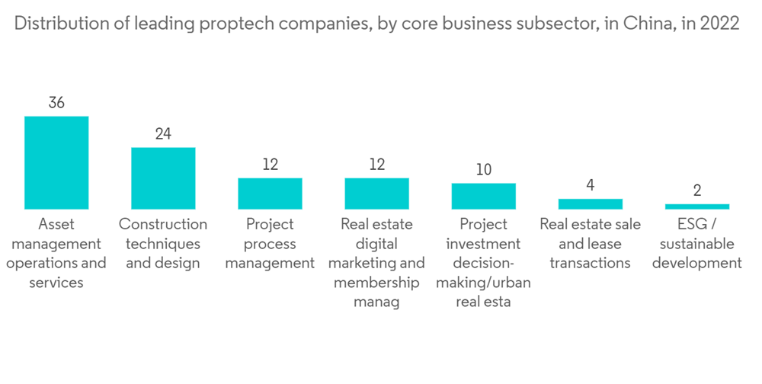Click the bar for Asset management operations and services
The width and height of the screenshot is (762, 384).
56,162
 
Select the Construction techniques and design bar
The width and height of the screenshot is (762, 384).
163,178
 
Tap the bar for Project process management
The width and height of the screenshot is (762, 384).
270,194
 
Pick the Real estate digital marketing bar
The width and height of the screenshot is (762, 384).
376,194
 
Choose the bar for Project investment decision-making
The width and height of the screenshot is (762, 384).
483,196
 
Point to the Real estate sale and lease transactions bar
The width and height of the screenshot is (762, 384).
590,204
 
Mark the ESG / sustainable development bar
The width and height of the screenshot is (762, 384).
696,206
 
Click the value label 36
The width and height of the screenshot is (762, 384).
56,103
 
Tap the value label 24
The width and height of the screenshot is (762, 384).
163,134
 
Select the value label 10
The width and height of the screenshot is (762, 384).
483,170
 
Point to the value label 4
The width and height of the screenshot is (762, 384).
590,185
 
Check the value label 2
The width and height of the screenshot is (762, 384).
696,190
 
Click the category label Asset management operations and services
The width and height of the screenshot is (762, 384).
56,254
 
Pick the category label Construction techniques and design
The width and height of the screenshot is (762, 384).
163,244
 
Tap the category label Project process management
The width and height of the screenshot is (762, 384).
270,244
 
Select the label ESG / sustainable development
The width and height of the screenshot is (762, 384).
696,244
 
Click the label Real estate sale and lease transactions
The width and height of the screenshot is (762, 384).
590,244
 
